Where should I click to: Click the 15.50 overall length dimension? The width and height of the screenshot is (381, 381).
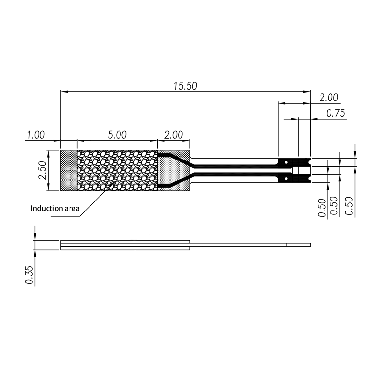[x=185, y=86]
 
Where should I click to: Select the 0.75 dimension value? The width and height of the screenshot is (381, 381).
[x=335, y=113]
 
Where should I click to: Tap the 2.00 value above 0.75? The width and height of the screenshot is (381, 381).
[x=329, y=98]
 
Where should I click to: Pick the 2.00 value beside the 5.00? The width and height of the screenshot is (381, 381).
[x=173, y=135]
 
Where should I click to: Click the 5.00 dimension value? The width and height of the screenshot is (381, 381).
[x=117, y=135]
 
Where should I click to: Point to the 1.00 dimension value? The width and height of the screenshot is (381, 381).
[x=36, y=135]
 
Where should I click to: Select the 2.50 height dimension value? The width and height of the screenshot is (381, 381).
[x=42, y=170]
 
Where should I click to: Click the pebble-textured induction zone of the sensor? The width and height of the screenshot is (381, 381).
[x=117, y=170]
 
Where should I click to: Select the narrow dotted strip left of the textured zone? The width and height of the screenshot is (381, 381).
[x=69, y=170]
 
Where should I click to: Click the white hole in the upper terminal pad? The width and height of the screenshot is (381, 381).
[x=286, y=162]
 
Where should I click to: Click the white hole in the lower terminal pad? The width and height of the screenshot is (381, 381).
[x=286, y=179]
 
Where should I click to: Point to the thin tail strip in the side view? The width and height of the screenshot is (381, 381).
[x=248, y=245]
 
